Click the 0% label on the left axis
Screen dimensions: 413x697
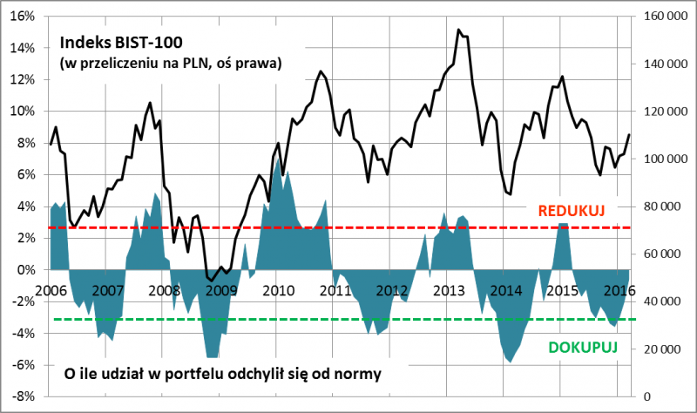[x=27, y=269]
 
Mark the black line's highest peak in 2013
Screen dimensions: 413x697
[x=458, y=30]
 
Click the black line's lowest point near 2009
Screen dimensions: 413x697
[x=212, y=281]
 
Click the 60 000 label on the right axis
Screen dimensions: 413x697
[x=661, y=254]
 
